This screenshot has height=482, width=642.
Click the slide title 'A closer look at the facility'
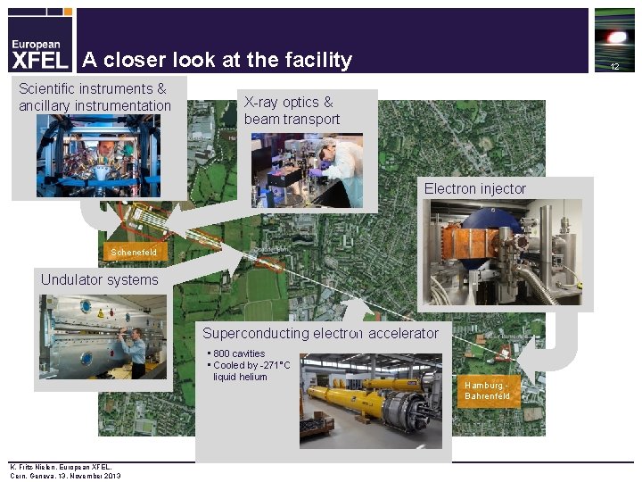[217, 61]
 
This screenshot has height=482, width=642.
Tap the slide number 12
[614, 67]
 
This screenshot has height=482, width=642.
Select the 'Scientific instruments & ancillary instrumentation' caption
[95, 97]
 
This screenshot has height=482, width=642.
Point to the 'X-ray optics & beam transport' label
[292, 111]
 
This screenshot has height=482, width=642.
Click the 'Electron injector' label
[474, 189]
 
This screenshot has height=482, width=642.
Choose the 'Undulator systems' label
[99, 280]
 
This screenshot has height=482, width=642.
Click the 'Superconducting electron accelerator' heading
[320, 334]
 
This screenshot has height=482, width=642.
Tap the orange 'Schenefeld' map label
[134, 253]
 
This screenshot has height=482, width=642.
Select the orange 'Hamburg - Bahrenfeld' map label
[488, 390]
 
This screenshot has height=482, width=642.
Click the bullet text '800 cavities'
[239, 354]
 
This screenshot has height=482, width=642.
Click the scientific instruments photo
[98, 154]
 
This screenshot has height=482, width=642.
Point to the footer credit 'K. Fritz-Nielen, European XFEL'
[60, 467]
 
